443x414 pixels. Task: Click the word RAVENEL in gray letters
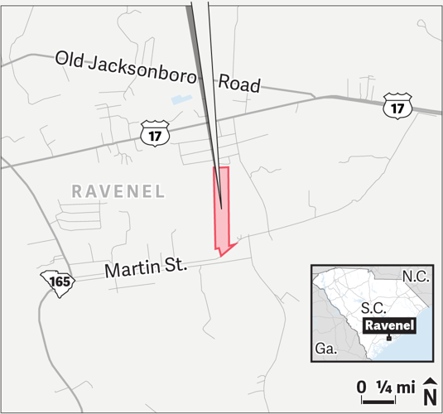pos(118,190)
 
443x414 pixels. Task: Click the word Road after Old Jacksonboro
pos(239,84)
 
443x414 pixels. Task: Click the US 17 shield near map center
pos(155,134)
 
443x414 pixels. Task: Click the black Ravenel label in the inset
pos(388,325)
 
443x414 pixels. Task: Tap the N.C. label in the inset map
pos(416,277)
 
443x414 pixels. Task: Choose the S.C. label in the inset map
pos(376,306)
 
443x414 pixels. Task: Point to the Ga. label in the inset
pos(325,349)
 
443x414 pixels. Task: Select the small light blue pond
pos(179,100)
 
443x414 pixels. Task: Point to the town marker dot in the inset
pos(388,338)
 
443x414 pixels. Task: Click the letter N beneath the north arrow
pos(430,397)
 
